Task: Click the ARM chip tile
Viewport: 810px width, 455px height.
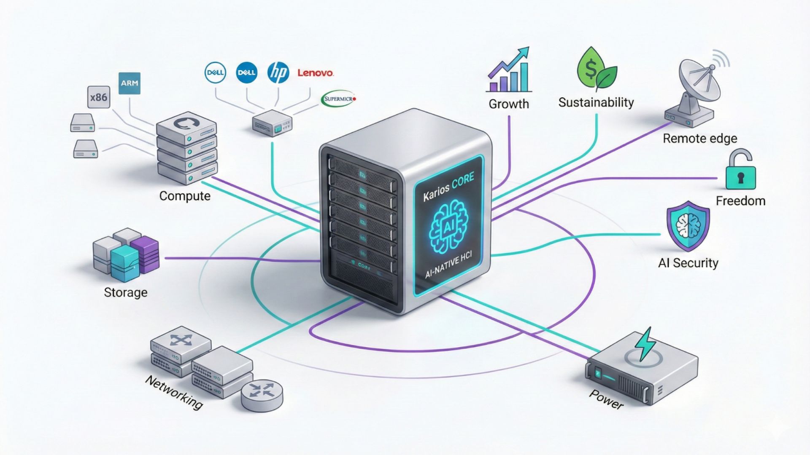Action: [129, 83]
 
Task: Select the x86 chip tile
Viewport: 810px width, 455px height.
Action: [98, 97]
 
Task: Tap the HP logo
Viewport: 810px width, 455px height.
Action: [278, 72]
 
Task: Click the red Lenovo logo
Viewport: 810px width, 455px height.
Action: [315, 73]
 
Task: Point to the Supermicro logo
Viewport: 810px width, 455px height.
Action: [339, 99]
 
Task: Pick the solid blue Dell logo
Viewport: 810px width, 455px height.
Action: [247, 72]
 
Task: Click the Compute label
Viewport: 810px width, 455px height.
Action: [185, 196]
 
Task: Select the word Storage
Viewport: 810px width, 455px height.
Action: [126, 292]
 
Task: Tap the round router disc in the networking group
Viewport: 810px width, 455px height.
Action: [262, 395]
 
